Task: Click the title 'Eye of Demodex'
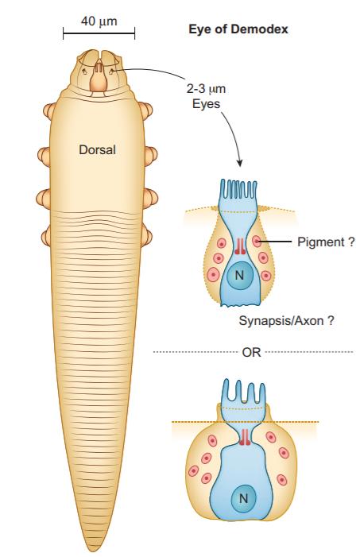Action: tap(238, 29)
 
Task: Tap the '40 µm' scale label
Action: tap(99, 21)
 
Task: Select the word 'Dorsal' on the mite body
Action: tap(97, 149)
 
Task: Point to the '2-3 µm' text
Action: tap(206, 88)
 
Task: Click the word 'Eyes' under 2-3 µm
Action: tap(206, 104)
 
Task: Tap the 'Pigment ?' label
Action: tap(326, 242)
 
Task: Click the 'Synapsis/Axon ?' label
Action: tap(286, 321)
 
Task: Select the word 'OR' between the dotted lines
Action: tap(252, 352)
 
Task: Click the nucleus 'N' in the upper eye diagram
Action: tap(239, 275)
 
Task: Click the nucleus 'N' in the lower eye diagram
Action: tap(243, 498)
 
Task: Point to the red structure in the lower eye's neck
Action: tap(244, 437)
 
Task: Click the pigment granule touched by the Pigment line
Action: tap(257, 242)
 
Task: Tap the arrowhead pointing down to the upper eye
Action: tap(240, 163)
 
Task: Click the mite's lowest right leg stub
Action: tap(147, 236)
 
